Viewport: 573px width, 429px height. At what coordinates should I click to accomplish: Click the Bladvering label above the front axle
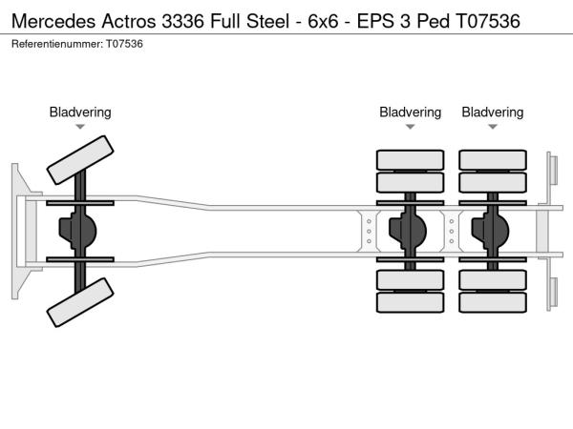pos(80,112)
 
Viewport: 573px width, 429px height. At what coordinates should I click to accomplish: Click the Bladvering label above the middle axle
pos(411,112)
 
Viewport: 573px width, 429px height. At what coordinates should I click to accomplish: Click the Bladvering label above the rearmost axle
pos(493,112)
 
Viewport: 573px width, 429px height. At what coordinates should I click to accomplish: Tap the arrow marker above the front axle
pos(80,127)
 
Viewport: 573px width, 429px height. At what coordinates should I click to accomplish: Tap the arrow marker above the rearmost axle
pos(493,127)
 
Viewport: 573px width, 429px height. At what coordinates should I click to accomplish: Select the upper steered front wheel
pos(81,159)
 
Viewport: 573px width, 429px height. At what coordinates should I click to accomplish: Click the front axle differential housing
pos(80,231)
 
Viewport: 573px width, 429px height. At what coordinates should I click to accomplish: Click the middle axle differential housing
pos(411,231)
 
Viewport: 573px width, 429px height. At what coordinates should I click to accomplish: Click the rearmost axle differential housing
pos(493,231)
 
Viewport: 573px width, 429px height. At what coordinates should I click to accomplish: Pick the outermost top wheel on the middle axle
pos(411,159)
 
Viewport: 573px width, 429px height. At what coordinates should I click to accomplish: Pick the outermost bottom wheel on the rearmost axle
pos(493,303)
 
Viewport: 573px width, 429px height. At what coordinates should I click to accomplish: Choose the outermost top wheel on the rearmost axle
pos(493,159)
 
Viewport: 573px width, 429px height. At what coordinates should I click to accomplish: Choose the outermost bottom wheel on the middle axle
pos(411,303)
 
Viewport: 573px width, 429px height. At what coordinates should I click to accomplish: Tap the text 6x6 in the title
pos(323,21)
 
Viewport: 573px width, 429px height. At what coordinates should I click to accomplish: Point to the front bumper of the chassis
pos(18,231)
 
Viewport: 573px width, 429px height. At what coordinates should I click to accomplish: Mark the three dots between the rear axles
pos(452,231)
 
